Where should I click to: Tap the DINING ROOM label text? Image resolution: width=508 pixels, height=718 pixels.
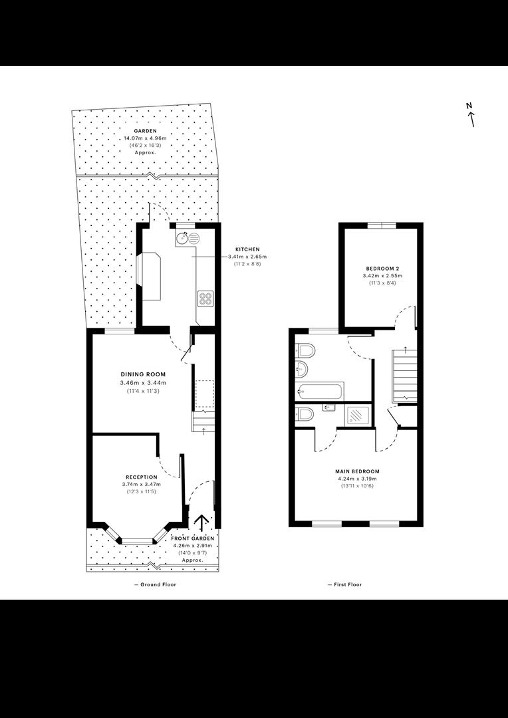(x=143, y=374)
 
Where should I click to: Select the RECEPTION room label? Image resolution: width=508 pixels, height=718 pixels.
(x=142, y=477)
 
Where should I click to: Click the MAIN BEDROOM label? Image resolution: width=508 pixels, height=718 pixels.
(x=357, y=471)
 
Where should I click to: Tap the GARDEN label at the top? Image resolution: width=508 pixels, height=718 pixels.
(x=145, y=131)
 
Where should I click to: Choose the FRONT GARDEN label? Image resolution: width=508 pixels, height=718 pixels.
(x=192, y=538)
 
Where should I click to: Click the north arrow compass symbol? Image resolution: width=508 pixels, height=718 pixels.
(x=470, y=114)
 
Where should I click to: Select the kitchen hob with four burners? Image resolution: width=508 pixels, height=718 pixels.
(x=205, y=299)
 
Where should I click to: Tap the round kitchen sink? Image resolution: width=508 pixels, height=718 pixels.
(x=182, y=237)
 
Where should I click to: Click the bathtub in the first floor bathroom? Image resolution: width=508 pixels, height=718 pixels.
(x=320, y=392)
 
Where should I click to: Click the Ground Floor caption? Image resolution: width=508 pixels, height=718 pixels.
(x=155, y=584)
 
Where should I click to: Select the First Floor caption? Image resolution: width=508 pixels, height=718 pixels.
(x=345, y=584)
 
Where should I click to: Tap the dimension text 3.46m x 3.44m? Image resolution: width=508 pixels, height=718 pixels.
(x=143, y=383)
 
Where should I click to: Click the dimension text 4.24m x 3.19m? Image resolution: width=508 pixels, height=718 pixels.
(x=357, y=479)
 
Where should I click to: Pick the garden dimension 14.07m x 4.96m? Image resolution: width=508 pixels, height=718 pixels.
(x=145, y=138)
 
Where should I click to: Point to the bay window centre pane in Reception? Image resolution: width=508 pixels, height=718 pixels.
(x=137, y=542)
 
